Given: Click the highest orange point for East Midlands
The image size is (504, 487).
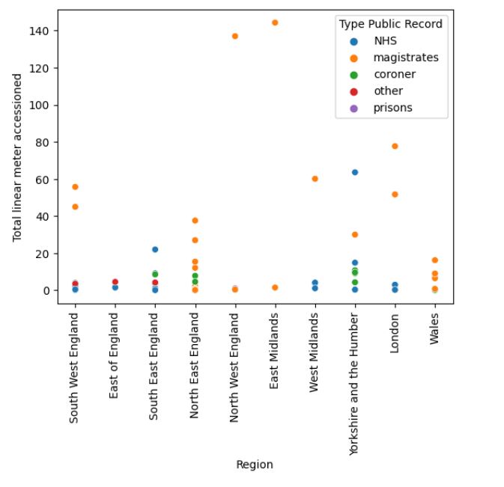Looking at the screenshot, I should (x=275, y=22).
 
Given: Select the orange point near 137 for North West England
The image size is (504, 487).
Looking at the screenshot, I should (x=235, y=36).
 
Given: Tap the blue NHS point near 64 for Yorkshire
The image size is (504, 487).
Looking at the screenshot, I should (x=355, y=172).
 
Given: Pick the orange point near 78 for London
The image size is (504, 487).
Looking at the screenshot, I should (x=395, y=146).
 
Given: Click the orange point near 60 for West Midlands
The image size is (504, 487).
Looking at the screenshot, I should (x=315, y=179).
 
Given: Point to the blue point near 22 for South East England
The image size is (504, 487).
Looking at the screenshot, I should (x=155, y=249).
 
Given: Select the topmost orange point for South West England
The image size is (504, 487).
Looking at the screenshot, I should (x=75, y=186).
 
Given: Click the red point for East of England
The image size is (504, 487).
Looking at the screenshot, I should (x=115, y=282).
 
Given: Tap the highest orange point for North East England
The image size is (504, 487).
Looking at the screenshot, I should (x=195, y=221).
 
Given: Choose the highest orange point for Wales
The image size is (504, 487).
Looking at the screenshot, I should (x=434, y=260).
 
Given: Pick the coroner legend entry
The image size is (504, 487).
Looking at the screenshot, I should (x=394, y=74).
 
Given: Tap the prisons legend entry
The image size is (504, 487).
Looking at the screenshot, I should (x=392, y=108).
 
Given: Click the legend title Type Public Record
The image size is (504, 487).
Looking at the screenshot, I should (x=390, y=24).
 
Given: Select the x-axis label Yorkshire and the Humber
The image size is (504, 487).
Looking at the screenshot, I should (x=355, y=372).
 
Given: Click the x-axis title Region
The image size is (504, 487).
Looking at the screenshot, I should (x=255, y=465).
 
